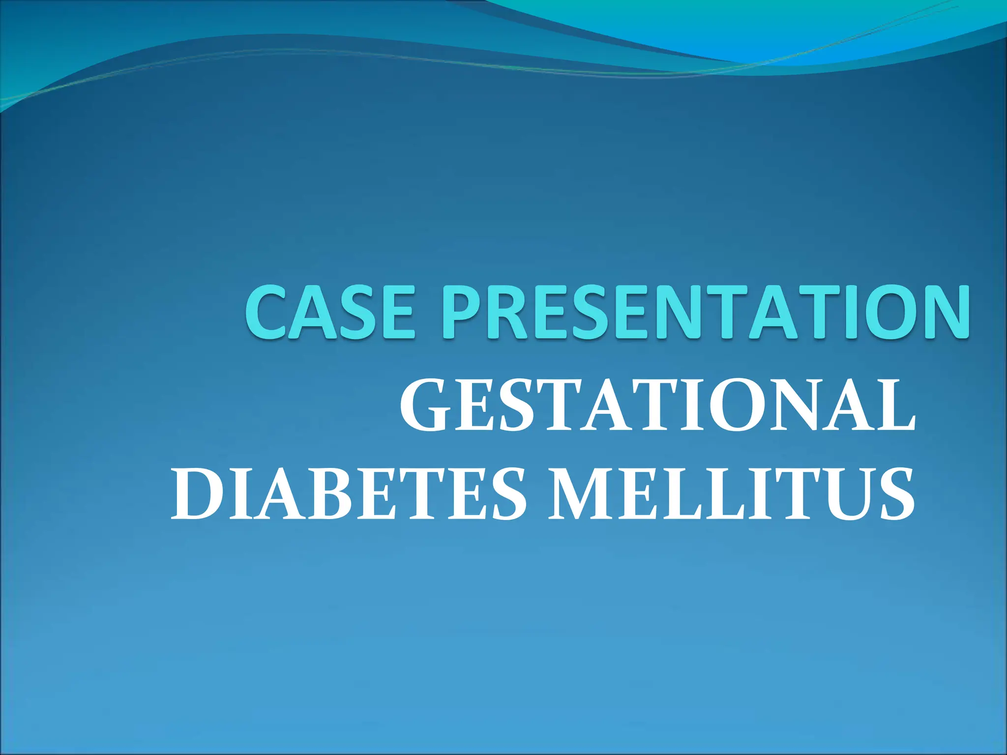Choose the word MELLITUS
tap(732, 494)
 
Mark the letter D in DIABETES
tap(194, 494)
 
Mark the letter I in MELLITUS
tap(767, 494)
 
